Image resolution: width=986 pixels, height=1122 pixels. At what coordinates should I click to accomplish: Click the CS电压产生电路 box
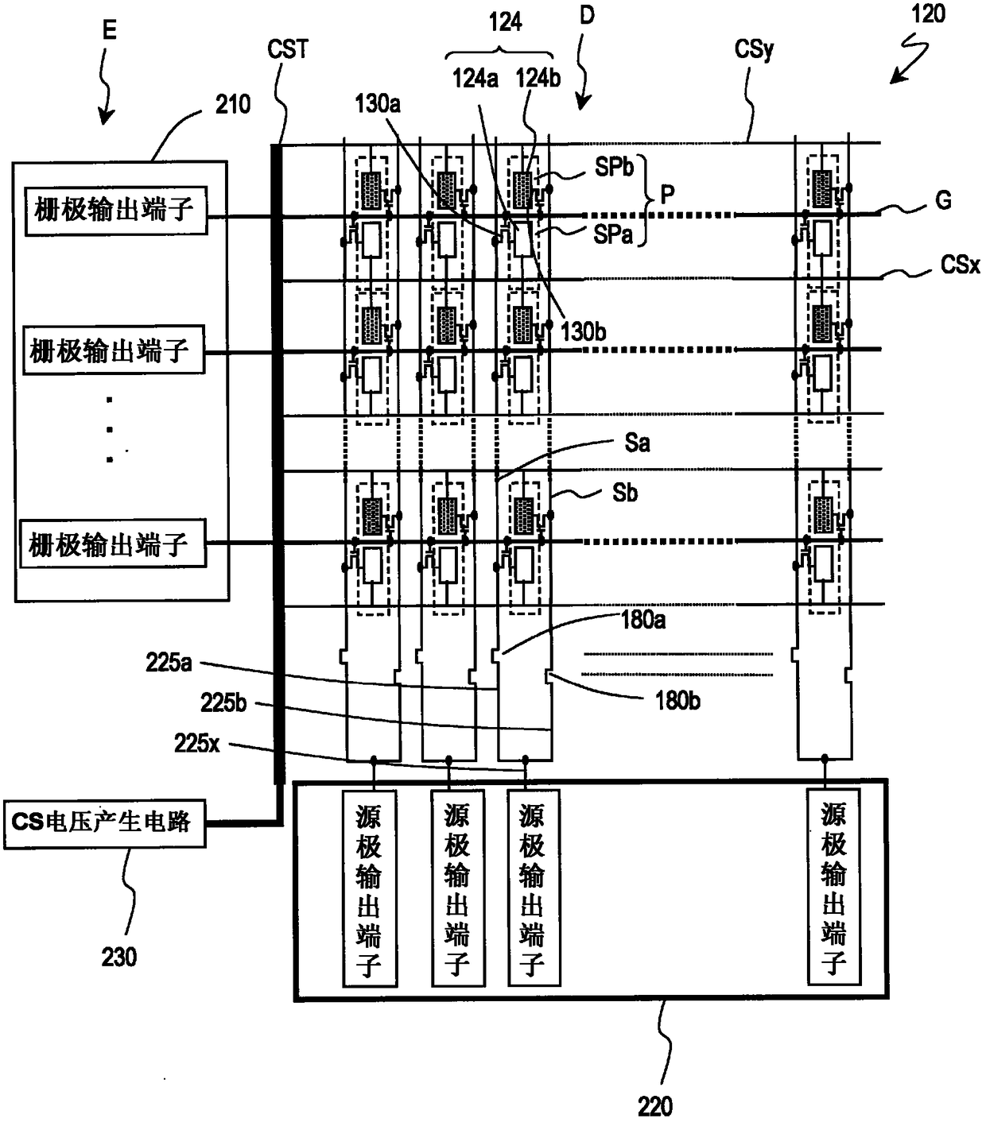(105, 823)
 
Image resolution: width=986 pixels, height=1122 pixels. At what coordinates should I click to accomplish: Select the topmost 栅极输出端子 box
(116, 211)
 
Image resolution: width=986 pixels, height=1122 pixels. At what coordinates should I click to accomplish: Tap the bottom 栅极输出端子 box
(112, 544)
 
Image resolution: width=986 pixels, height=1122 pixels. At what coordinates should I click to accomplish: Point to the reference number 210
(233, 105)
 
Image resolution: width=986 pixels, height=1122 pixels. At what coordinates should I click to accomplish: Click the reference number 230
(118, 958)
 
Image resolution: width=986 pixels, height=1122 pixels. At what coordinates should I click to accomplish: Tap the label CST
(288, 49)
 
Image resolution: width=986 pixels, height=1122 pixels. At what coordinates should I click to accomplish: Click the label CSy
(754, 50)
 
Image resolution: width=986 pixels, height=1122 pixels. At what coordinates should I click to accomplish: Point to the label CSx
(960, 265)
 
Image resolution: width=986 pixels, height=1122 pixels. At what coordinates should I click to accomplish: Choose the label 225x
(196, 744)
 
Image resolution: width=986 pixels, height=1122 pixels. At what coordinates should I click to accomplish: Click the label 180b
(677, 701)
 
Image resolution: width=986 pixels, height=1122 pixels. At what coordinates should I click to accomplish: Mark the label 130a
(378, 104)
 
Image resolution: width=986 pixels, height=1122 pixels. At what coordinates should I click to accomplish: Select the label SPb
(614, 167)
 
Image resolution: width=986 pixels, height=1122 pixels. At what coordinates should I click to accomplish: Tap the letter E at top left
(110, 29)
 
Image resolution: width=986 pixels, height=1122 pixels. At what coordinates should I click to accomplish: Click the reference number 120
(929, 14)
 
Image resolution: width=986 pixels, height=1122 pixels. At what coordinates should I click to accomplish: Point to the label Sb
(625, 493)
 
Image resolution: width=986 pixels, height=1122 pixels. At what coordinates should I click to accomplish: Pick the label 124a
(476, 79)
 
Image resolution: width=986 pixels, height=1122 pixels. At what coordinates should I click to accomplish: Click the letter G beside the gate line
(943, 200)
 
